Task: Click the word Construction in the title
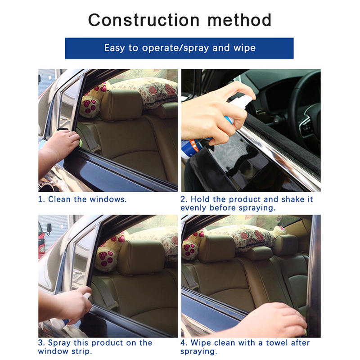pyautogui.click(x=144, y=20)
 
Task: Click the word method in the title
pyautogui.click(x=239, y=20)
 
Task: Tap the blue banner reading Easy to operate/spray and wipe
pyautogui.click(x=179, y=48)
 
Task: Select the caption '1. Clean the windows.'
pyautogui.click(x=82, y=199)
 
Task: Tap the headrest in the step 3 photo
pyautogui.click(x=141, y=257)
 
